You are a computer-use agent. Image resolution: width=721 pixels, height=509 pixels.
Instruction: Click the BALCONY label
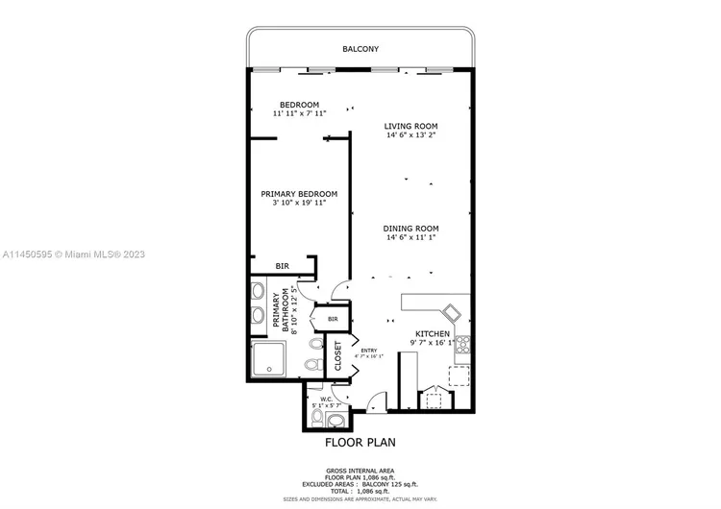tap(360, 48)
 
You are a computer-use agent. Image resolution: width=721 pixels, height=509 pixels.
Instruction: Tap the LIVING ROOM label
tap(410, 126)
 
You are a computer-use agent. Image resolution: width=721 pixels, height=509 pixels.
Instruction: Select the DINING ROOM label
tap(410, 227)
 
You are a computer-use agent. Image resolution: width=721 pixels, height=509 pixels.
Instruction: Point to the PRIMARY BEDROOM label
tap(299, 193)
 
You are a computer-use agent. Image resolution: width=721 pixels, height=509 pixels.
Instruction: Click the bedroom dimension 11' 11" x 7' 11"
tap(299, 114)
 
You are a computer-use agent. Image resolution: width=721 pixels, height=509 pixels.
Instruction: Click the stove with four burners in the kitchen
tap(462, 344)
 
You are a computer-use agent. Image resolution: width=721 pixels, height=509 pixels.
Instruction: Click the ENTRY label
tap(369, 351)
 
